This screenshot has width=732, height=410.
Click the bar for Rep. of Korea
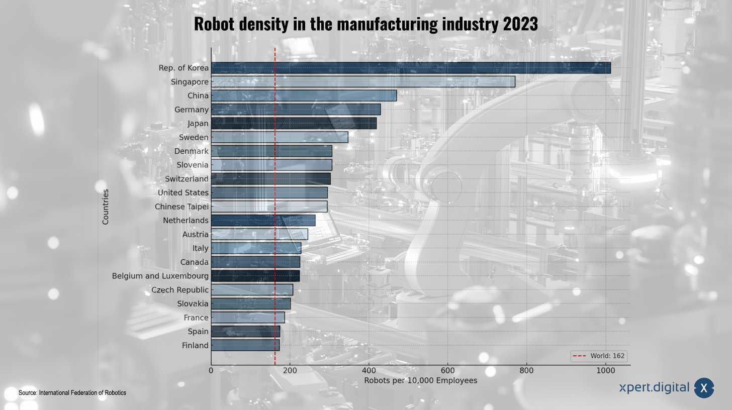pyautogui.click(x=410, y=68)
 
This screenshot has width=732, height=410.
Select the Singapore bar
pyautogui.click(x=362, y=81)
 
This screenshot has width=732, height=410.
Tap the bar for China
pyautogui.click(x=304, y=95)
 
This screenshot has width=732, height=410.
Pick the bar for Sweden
pyautogui.click(x=279, y=137)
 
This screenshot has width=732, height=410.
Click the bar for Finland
pyautogui.click(x=245, y=345)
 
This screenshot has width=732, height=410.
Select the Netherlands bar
pyautogui.click(x=263, y=221)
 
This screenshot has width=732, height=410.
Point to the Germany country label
pyautogui.click(x=191, y=110)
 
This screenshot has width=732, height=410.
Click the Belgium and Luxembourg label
pyautogui.click(x=160, y=276)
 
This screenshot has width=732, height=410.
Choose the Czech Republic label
pyautogui.click(x=179, y=290)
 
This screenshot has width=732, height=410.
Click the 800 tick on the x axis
pyautogui.click(x=526, y=371)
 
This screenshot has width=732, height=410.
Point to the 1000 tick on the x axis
pyautogui.click(x=605, y=371)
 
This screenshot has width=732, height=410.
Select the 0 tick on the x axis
pyautogui.click(x=211, y=371)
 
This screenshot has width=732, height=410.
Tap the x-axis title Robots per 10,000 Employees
pyautogui.click(x=420, y=380)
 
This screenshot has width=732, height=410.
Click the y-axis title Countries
pyautogui.click(x=106, y=207)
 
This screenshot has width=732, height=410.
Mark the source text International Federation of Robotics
pyautogui.click(x=82, y=392)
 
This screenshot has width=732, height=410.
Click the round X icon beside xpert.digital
pyautogui.click(x=704, y=388)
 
